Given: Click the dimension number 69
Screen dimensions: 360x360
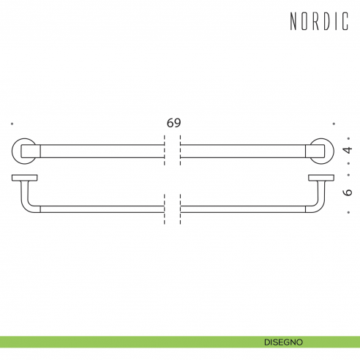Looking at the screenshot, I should [x=173, y=123].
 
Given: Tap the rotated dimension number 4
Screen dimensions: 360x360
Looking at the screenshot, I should [x=348, y=150].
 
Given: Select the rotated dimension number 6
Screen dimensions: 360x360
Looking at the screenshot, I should [x=348, y=191].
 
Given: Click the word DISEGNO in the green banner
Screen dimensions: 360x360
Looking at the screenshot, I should [x=285, y=342].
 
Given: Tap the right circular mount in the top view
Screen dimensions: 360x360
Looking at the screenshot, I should [x=323, y=151].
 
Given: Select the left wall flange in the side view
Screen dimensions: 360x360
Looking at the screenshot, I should [x=24, y=177].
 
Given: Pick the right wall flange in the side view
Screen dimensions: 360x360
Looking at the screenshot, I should [x=321, y=177].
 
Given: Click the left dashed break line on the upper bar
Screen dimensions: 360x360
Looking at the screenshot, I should [x=165, y=151].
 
